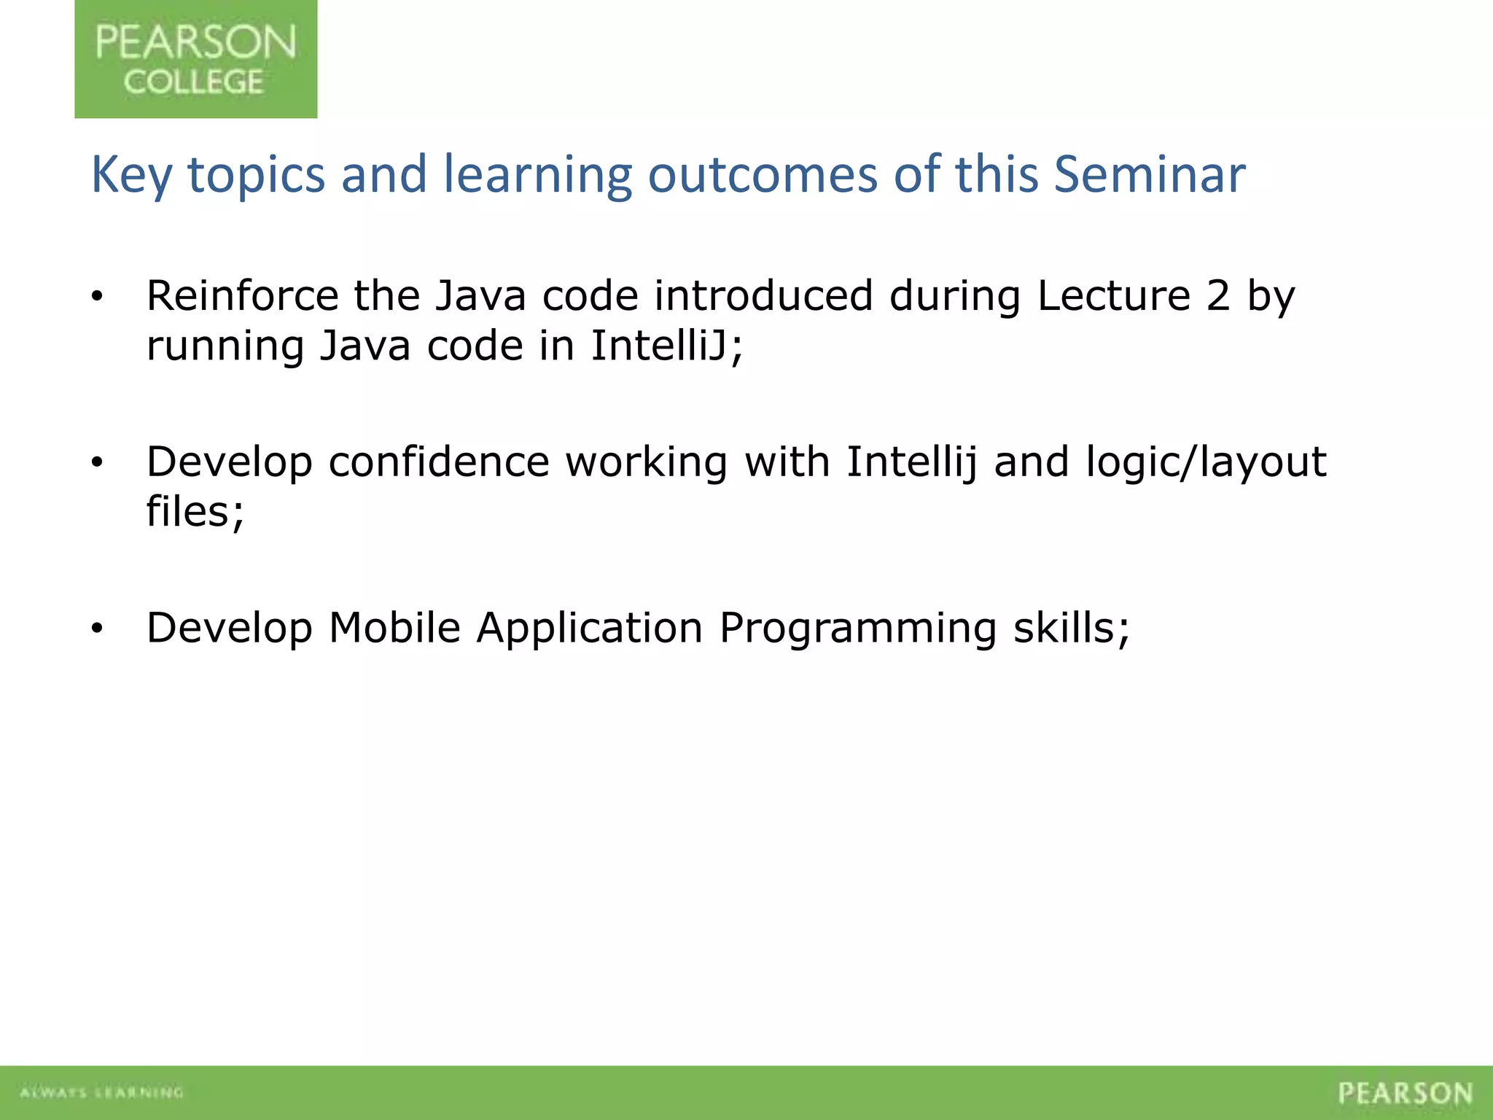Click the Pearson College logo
tap(195, 59)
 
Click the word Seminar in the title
tap(1150, 175)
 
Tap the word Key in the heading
tap(130, 175)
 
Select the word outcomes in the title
tap(763, 175)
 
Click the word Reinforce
tap(242, 296)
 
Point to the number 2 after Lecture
tap(1217, 296)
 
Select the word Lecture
tap(1113, 296)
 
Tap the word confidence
tap(439, 462)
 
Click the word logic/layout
tap(1206, 462)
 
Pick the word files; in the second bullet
tap(195, 512)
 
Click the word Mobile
tap(394, 628)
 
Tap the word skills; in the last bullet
tap(1072, 628)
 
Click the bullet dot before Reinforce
tap(97, 297)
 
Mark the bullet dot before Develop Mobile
tap(97, 629)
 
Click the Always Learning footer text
tap(101, 1092)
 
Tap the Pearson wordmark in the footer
tap(1405, 1093)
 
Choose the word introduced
tap(763, 296)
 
